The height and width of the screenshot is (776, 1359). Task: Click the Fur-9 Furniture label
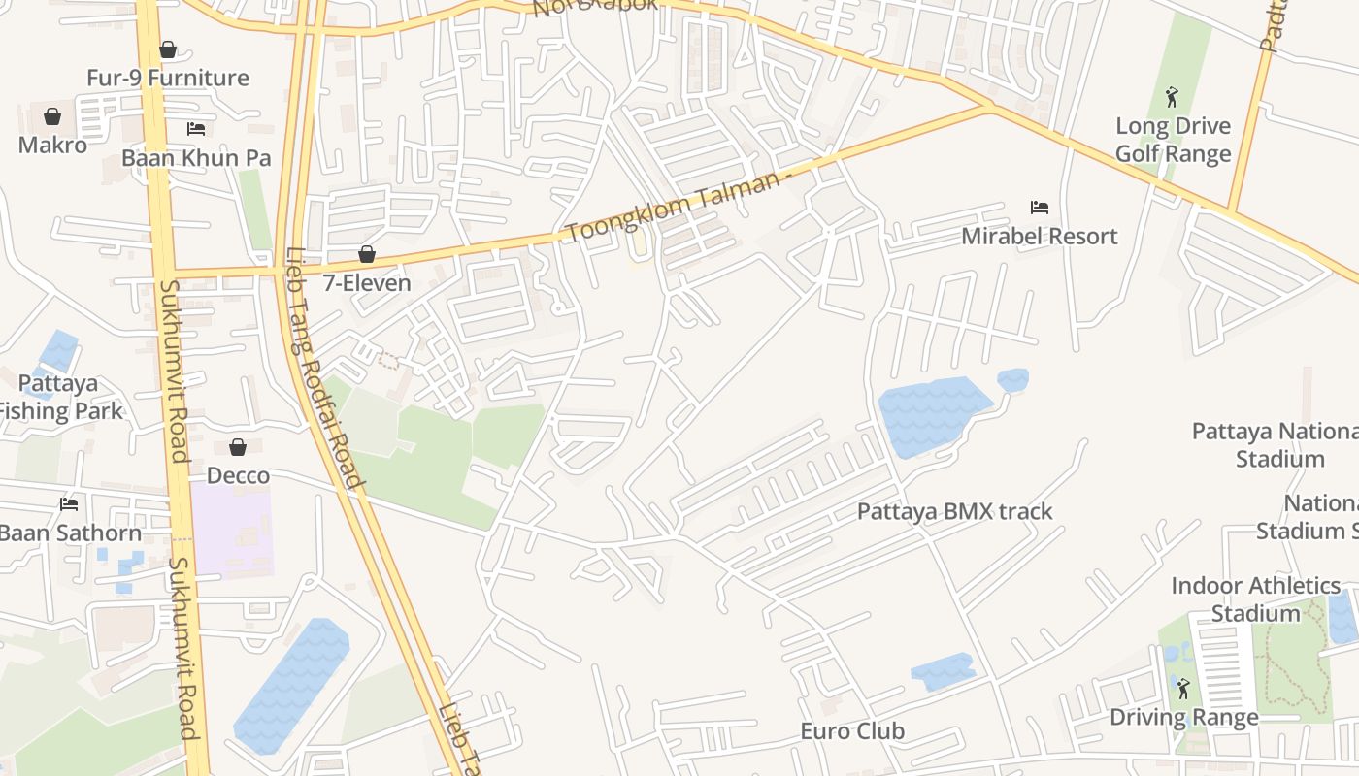168,78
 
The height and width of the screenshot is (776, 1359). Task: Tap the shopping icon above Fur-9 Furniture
168,49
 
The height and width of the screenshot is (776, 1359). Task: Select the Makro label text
52,145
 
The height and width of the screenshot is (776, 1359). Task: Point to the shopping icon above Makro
52,117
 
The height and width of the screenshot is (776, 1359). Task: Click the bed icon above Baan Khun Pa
196,129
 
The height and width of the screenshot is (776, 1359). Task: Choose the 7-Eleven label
367,283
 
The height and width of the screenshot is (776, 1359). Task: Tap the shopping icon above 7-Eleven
367,255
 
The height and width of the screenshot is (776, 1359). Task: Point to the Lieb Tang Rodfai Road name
324,368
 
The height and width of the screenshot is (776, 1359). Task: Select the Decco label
238,475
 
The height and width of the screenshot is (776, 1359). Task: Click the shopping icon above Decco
238,447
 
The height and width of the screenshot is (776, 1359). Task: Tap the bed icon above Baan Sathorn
68,504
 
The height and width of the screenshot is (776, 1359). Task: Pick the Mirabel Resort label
1039,236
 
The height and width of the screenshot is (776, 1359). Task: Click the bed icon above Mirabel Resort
1039,208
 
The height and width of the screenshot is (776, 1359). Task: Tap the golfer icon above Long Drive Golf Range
1173,97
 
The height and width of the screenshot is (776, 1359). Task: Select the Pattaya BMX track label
954,511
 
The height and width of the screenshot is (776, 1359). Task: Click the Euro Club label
852,731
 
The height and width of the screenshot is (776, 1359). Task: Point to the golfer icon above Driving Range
1183,689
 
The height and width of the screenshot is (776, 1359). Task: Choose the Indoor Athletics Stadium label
1255,599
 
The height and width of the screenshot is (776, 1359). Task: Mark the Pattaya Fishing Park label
60,397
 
